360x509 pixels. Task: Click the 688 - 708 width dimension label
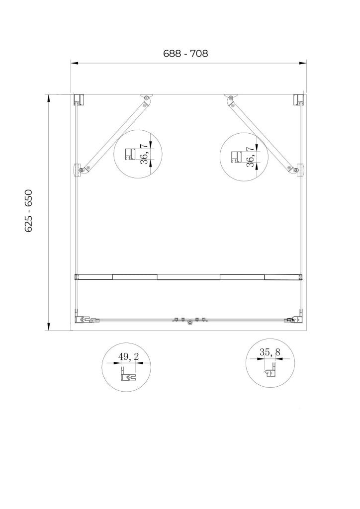(x=185, y=53)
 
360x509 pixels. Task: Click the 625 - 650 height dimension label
(x=28, y=211)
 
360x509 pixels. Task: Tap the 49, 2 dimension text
(x=129, y=356)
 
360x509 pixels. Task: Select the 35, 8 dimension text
(x=270, y=352)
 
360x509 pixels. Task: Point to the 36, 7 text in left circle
(x=145, y=154)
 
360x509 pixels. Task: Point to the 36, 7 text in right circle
(x=250, y=157)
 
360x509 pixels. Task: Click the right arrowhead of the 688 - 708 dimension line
(x=303, y=63)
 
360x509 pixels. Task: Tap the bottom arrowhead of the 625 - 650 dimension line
(x=48, y=327)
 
